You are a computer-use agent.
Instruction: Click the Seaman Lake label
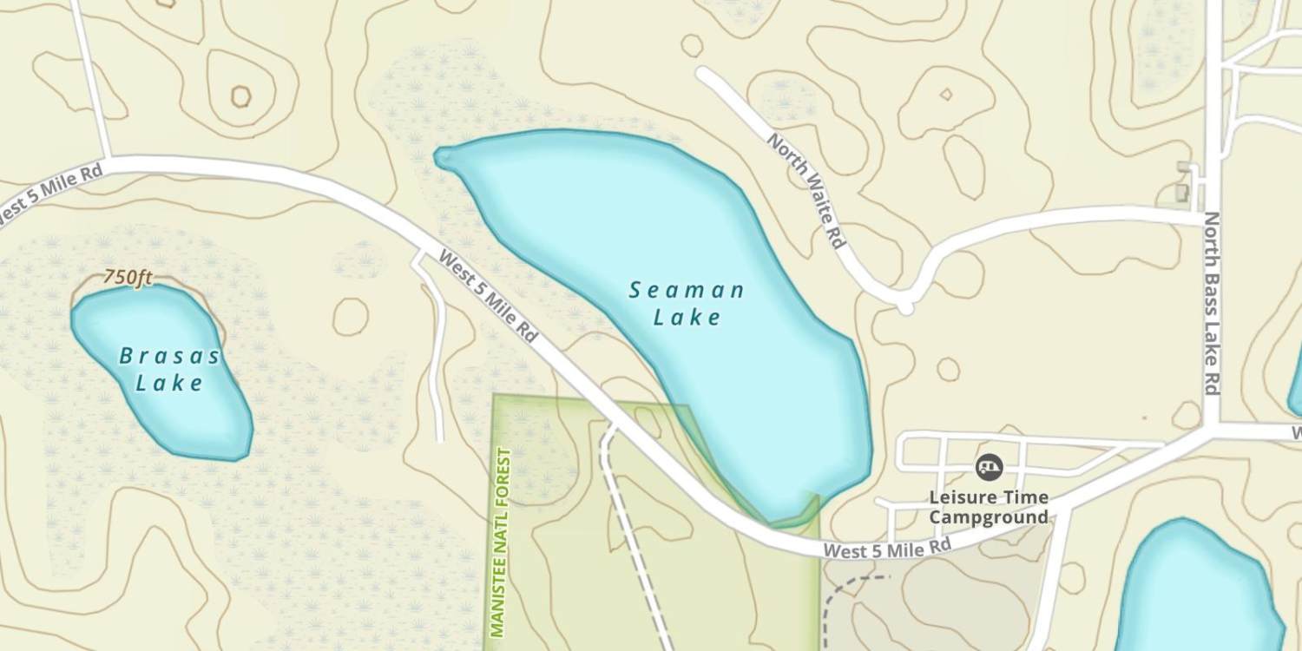[x=687, y=303]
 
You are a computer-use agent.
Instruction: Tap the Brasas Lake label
[x=169, y=369]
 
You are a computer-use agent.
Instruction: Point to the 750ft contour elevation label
[x=128, y=278]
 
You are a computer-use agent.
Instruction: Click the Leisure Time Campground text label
[x=989, y=508]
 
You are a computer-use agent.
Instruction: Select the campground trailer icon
[x=989, y=468]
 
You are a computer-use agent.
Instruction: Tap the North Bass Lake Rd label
[x=1212, y=304]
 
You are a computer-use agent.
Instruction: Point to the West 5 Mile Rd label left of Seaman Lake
[x=488, y=294]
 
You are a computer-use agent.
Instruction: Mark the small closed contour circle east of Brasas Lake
[x=350, y=316]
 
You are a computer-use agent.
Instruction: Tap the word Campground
[x=989, y=518]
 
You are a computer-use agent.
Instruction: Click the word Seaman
[x=687, y=290]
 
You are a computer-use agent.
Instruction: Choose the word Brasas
[x=169, y=356]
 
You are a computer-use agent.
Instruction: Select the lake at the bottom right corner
[x=1198, y=590]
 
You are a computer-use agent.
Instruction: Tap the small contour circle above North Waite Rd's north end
[x=692, y=45]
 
